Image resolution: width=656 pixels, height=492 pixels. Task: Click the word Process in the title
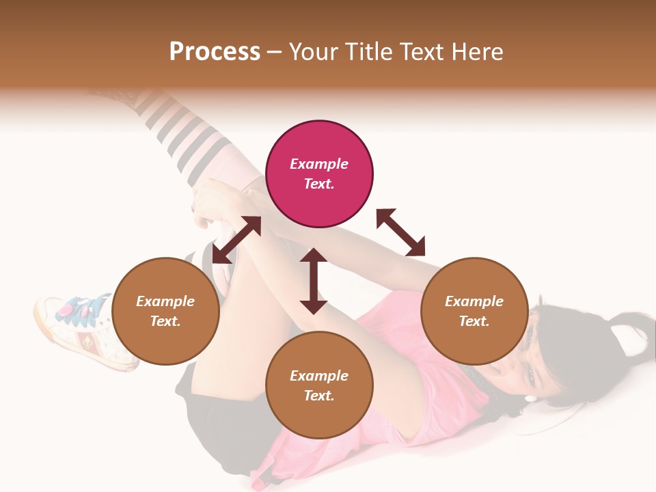[x=215, y=52]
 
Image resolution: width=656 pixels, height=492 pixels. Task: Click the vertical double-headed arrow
[x=314, y=281]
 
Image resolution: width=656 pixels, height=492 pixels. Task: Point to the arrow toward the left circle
[x=236, y=240]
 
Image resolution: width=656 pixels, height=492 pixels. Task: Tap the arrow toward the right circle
[x=400, y=232]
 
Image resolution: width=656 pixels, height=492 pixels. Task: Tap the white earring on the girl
[x=530, y=398]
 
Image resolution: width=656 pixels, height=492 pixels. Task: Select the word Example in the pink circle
[x=319, y=164]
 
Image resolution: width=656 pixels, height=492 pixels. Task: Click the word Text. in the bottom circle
[x=319, y=396]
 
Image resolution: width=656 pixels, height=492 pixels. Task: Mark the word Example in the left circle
[x=165, y=301]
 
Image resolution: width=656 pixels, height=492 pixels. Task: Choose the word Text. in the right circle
[x=474, y=321]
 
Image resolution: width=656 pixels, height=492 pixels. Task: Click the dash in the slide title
[x=275, y=52]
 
